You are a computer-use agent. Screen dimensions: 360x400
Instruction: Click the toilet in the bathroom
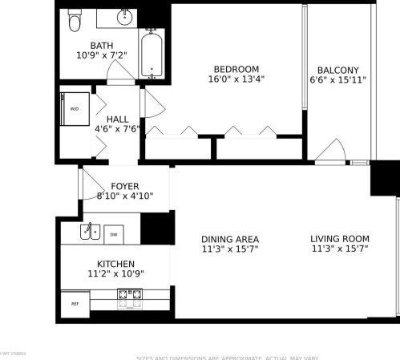point(75,22)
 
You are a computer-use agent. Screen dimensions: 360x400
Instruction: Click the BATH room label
point(102,46)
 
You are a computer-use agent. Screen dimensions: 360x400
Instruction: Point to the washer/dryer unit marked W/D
point(75,108)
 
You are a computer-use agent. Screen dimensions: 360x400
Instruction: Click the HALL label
point(117,119)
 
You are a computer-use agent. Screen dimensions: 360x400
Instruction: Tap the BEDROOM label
point(236,68)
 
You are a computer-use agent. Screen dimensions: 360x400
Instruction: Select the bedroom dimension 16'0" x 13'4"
point(236,79)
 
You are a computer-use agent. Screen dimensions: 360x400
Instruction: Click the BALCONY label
point(337,70)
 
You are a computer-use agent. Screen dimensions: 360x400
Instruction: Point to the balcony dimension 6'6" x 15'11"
point(337,80)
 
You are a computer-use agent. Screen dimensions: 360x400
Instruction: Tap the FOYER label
point(125,186)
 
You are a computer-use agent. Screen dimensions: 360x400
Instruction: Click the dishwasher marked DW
point(113,234)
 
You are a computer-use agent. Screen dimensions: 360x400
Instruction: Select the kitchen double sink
point(89,233)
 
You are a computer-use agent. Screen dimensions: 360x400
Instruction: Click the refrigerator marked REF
point(75,304)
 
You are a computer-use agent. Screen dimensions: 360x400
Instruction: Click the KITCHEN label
point(115,264)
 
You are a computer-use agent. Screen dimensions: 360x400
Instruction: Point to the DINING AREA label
point(229,239)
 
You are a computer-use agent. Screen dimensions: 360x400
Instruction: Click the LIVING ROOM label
point(340,238)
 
